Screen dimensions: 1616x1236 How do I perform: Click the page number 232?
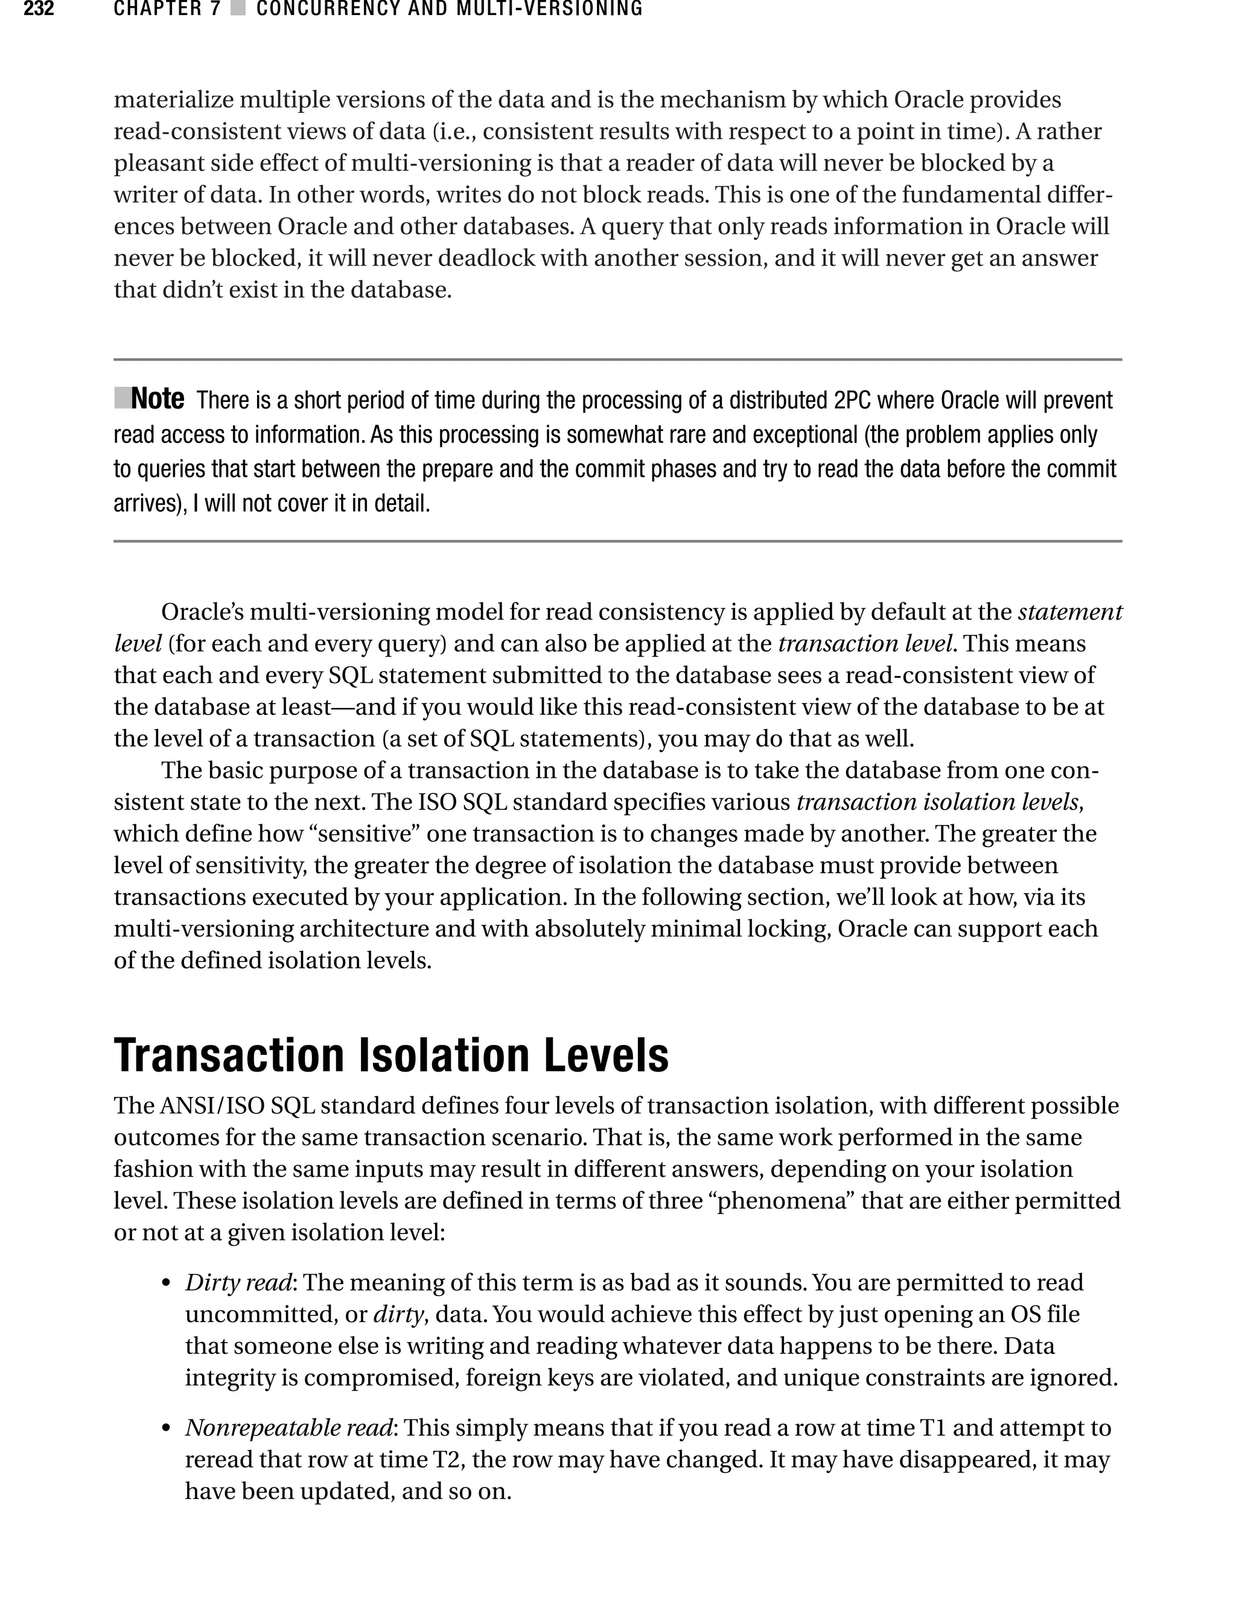(38, 9)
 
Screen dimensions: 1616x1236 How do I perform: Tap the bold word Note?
(158, 399)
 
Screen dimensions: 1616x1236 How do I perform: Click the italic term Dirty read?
(238, 1283)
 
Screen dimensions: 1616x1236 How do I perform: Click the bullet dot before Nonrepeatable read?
(167, 1429)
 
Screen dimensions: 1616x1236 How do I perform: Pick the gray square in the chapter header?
(238, 9)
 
